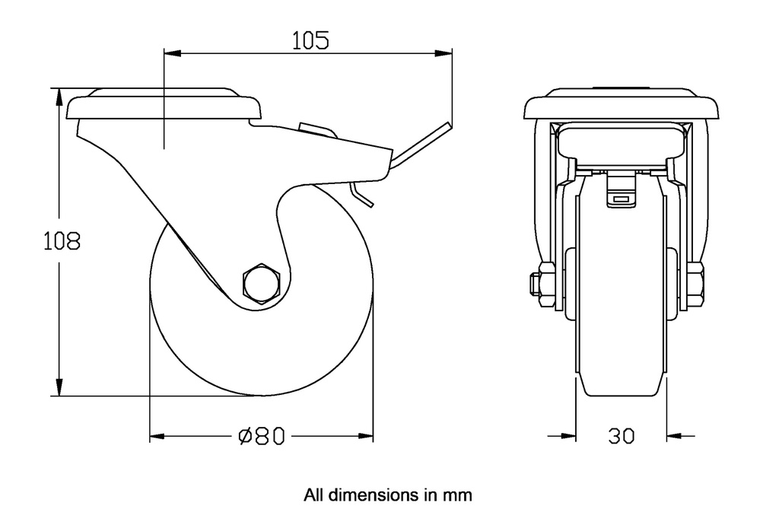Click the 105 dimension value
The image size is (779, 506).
point(310,40)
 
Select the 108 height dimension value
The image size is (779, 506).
point(61,241)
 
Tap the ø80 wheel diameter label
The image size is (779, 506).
point(261,436)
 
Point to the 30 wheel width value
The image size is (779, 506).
point(622,436)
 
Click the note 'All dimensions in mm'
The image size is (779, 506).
point(388,495)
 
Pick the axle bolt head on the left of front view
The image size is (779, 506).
point(535,283)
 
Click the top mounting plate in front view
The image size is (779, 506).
point(621,105)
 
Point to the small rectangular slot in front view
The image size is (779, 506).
point(621,199)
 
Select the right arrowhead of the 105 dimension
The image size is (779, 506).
point(444,53)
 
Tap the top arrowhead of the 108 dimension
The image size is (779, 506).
point(57,96)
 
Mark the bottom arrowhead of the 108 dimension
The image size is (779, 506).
point(57,388)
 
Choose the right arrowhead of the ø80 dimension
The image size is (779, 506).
point(366,436)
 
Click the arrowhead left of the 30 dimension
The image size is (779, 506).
point(568,436)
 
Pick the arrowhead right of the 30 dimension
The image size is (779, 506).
point(674,436)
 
